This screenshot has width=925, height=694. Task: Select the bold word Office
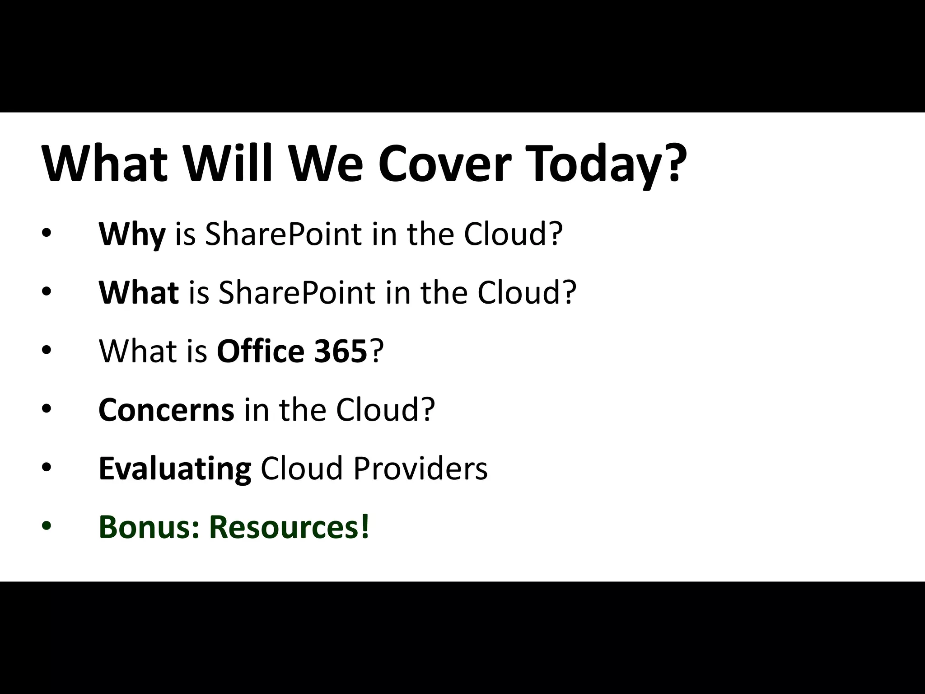[x=261, y=351]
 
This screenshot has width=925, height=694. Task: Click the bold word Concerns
[x=166, y=410]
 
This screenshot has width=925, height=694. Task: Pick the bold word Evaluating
[x=175, y=469]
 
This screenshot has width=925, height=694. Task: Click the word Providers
[x=420, y=468]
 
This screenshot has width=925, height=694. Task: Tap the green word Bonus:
[x=149, y=527]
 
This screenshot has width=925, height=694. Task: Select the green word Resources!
[x=289, y=527]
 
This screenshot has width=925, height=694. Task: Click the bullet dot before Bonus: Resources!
[x=47, y=526]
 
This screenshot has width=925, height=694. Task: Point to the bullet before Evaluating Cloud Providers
[x=47, y=468]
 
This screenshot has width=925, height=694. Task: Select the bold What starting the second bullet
[x=139, y=293]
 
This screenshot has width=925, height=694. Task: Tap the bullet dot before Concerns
[x=47, y=409]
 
